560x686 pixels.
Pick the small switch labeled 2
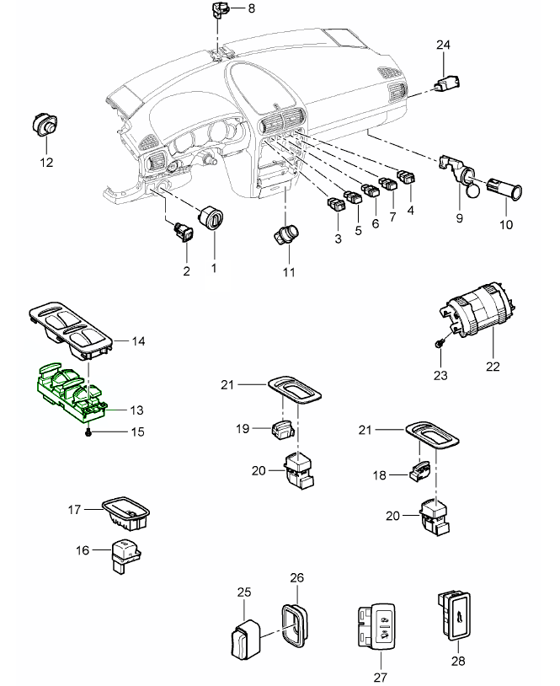[x=183, y=230]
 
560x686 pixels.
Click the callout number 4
[x=410, y=209]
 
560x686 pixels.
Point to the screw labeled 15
[x=88, y=432]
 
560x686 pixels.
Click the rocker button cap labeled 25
[x=243, y=641]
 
